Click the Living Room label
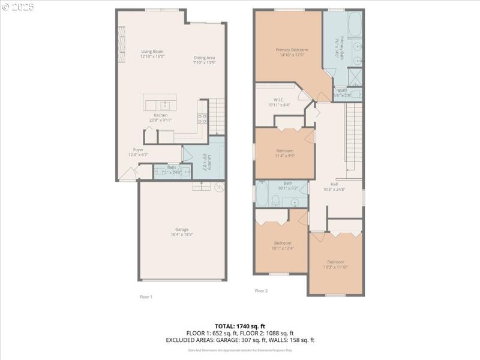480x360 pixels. [x=152, y=52]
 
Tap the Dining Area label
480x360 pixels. [x=204, y=58]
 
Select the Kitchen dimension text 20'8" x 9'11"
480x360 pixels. [x=161, y=120]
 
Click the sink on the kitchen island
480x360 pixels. [x=166, y=104]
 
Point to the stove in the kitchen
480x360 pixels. [x=202, y=119]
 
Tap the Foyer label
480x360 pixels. [x=139, y=150]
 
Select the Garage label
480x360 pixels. [x=181, y=229]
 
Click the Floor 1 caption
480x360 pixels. [x=146, y=296]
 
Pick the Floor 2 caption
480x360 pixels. [x=261, y=291]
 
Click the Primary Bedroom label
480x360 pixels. [x=292, y=50]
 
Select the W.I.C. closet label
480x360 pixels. [x=278, y=100]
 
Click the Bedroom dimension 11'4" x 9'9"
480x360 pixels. [x=284, y=155]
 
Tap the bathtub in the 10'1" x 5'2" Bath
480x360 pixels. [x=263, y=194]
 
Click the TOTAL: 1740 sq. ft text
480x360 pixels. [x=239, y=326]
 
